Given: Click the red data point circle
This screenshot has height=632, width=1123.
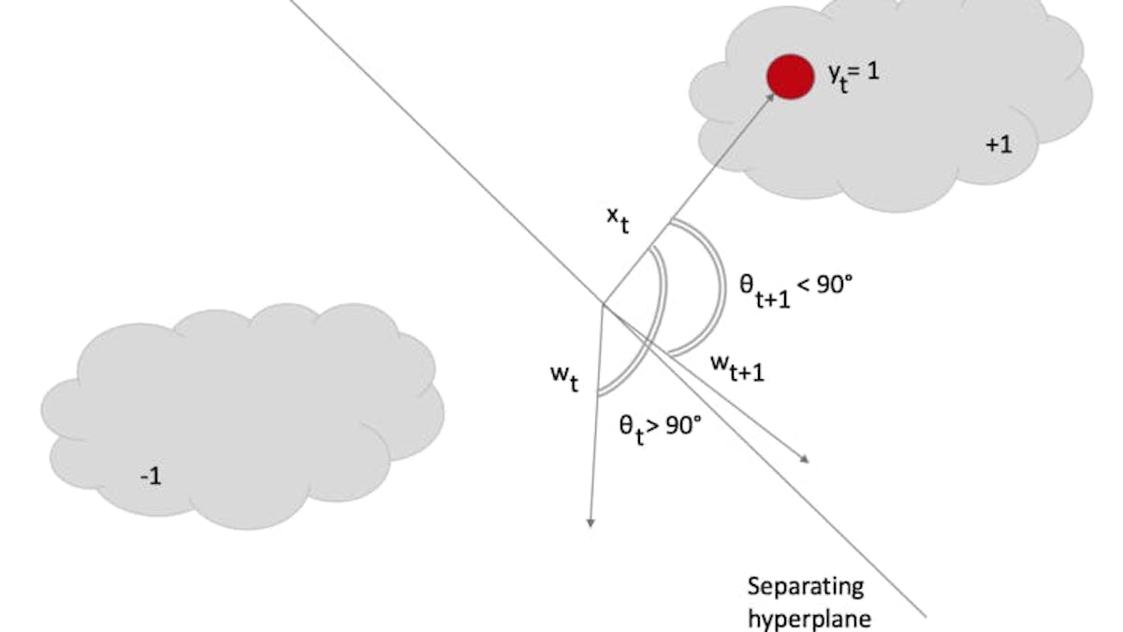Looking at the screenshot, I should tap(790, 76).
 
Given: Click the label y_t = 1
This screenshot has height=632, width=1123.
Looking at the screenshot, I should tap(852, 75).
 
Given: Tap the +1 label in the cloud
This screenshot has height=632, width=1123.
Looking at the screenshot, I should tap(999, 145).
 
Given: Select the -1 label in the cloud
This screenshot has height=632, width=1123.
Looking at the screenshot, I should tap(151, 476).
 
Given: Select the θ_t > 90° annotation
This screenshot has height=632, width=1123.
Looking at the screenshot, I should tap(659, 428).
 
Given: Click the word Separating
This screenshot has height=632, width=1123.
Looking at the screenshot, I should tap(805, 587).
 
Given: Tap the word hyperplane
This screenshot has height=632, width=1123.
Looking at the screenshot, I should tap(809, 618).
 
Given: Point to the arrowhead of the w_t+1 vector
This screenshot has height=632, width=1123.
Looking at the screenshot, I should tap(803, 458).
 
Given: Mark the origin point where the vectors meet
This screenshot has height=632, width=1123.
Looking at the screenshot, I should tap(601, 304).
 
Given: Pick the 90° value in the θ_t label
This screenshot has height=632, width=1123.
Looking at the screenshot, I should tap(683, 424).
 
